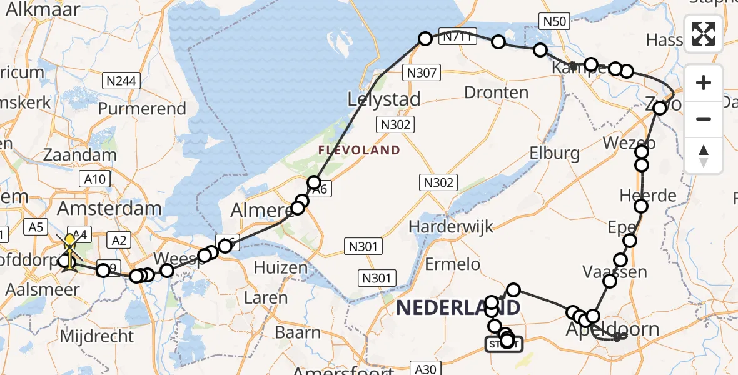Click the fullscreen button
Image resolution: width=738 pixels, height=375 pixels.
(x=704, y=34)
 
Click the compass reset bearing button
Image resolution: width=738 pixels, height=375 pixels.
(x=704, y=155)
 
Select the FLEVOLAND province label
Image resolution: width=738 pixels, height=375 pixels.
(x=359, y=150)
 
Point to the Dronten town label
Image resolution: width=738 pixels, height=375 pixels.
(x=497, y=92)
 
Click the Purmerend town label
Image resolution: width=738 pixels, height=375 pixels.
(x=142, y=109)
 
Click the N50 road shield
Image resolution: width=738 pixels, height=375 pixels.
(x=555, y=22)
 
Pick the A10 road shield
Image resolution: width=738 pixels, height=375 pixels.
(x=95, y=179)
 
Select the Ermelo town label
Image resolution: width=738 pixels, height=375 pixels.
(x=453, y=264)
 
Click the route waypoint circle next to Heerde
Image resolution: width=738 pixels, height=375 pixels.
(x=641, y=206)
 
